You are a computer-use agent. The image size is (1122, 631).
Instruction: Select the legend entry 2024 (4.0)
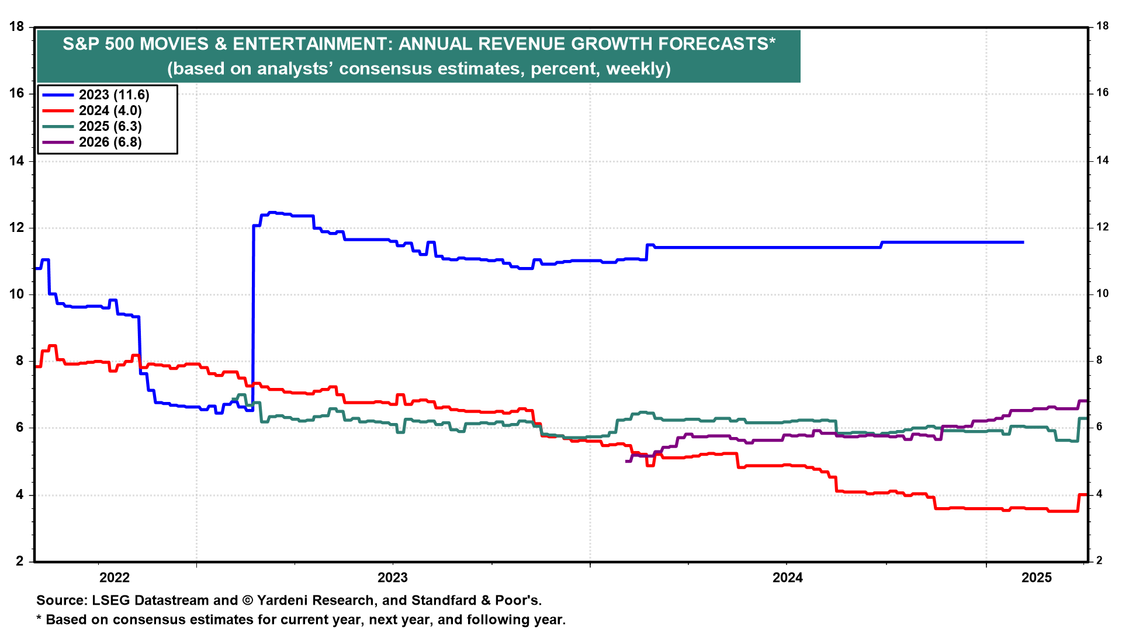pyautogui.click(x=110, y=110)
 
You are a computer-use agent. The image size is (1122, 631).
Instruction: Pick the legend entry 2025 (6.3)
pyautogui.click(x=110, y=126)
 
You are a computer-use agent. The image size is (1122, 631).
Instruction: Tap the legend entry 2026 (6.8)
pyautogui.click(x=110, y=142)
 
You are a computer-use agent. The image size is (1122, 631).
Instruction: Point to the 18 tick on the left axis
pyautogui.click(x=16, y=27)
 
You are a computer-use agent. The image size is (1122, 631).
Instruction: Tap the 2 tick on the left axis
pyautogui.click(x=20, y=561)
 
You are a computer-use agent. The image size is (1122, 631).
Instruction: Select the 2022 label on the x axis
pyautogui.click(x=115, y=578)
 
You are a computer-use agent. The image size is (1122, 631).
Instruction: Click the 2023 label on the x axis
pyautogui.click(x=393, y=578)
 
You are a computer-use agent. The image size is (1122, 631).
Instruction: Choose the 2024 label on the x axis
pyautogui.click(x=788, y=578)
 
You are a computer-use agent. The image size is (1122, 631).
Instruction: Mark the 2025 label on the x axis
pyautogui.click(x=1037, y=578)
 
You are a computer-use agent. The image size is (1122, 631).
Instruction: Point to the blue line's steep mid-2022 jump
pyautogui.click(x=253, y=315)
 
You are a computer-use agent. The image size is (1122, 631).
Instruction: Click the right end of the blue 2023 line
pyautogui.click(x=1023, y=242)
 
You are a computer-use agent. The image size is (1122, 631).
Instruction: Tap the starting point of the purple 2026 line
pyautogui.click(x=626, y=461)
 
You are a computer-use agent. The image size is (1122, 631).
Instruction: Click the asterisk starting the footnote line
pyautogui.click(x=39, y=618)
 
